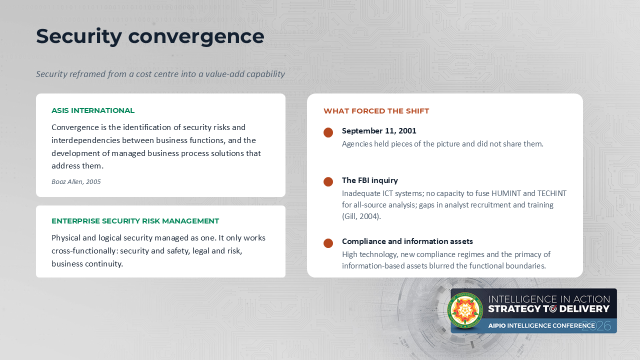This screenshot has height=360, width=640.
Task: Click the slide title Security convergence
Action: click(x=150, y=36)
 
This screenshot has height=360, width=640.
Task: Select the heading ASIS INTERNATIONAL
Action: click(x=93, y=110)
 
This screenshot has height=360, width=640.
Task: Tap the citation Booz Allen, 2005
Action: click(x=76, y=181)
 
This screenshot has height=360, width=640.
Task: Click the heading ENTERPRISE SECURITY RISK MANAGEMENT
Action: click(x=135, y=221)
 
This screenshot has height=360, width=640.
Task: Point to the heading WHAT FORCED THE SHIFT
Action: click(x=376, y=111)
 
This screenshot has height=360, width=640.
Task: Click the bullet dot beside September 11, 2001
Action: click(x=328, y=132)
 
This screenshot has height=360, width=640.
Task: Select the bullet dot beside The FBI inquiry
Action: click(x=328, y=181)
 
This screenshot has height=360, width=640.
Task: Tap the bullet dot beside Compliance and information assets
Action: click(x=328, y=243)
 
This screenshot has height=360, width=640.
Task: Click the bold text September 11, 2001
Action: click(x=379, y=131)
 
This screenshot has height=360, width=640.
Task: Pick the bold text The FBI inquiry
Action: click(x=370, y=180)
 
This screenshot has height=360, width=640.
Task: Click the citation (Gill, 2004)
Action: click(x=361, y=216)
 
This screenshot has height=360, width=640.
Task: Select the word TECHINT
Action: click(x=551, y=193)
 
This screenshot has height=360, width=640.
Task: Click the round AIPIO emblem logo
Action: click(x=465, y=310)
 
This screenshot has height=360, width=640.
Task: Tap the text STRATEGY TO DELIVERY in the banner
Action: click(x=548, y=309)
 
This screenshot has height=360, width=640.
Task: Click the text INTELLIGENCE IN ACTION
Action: click(x=549, y=299)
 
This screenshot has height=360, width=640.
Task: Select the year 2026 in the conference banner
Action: click(x=596, y=326)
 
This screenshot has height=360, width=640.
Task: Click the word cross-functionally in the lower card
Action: click(x=84, y=251)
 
